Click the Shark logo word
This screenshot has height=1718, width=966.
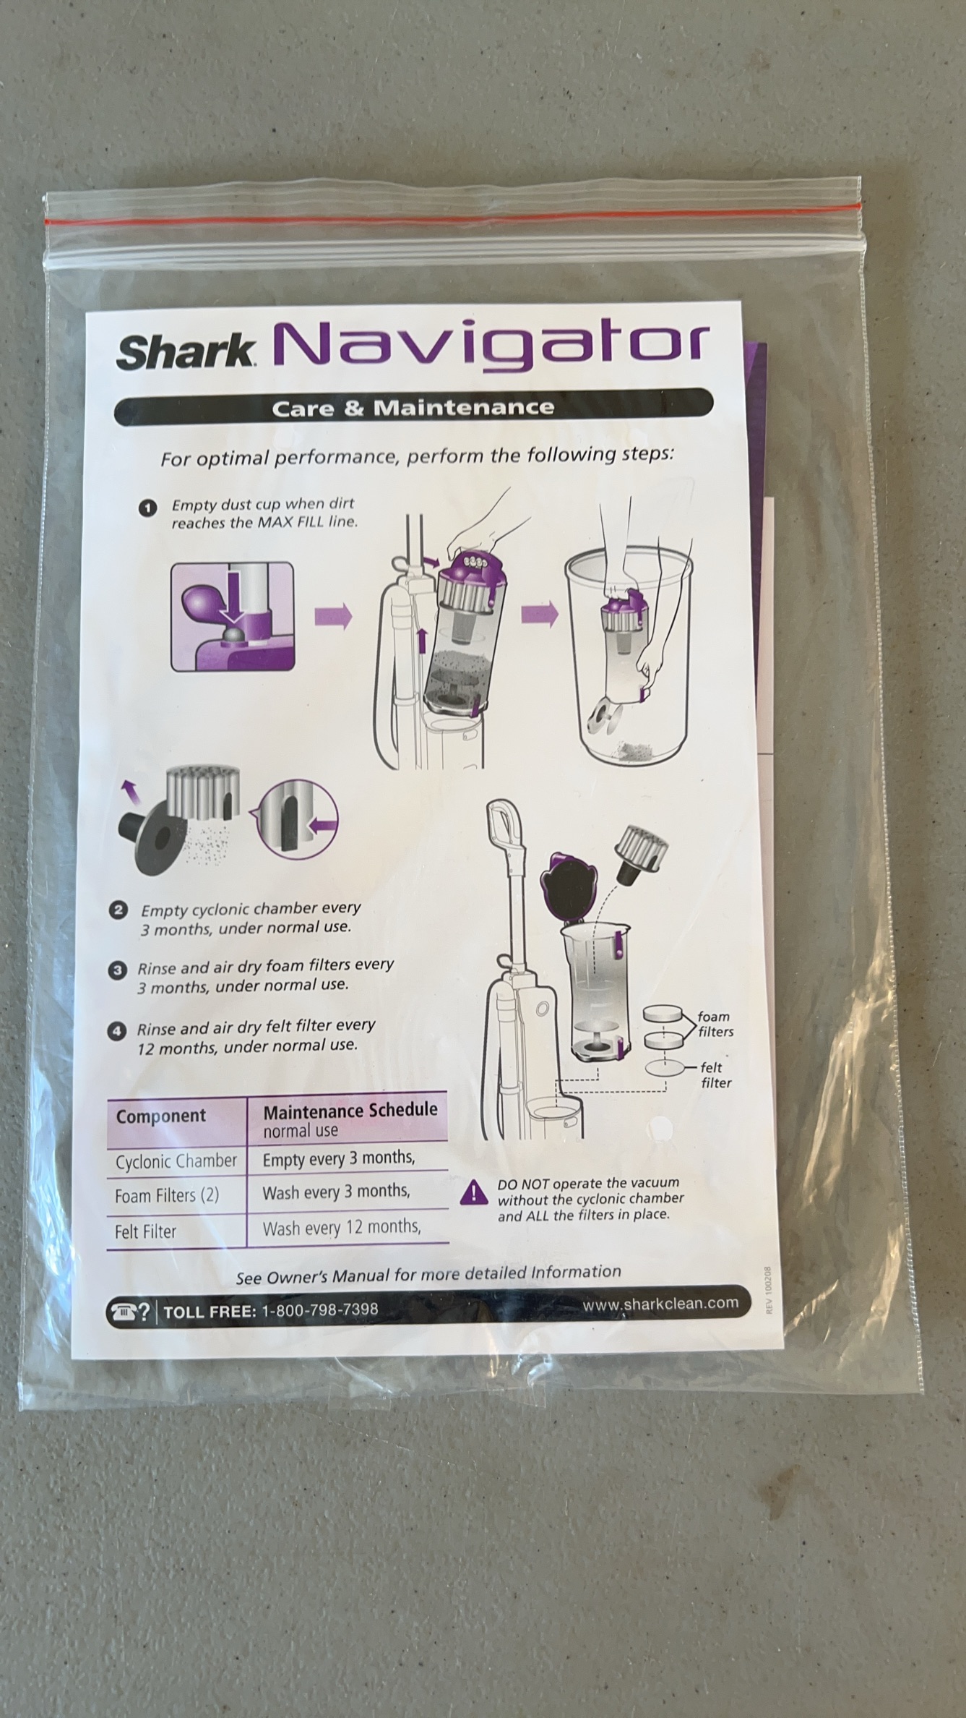pyautogui.click(x=185, y=351)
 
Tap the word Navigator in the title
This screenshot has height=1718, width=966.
pyautogui.click(x=491, y=345)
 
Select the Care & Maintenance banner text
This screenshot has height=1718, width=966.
pyautogui.click(x=413, y=408)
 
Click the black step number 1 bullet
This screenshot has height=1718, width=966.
pyautogui.click(x=147, y=508)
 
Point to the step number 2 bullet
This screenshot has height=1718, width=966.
pyautogui.click(x=118, y=910)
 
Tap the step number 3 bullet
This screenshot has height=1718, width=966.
pyautogui.click(x=117, y=970)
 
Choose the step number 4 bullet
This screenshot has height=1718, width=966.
pyautogui.click(x=116, y=1031)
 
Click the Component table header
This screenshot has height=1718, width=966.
pyautogui.click(x=160, y=1116)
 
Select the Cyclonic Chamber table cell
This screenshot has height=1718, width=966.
pyautogui.click(x=176, y=1161)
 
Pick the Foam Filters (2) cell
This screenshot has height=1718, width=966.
pyautogui.click(x=166, y=1195)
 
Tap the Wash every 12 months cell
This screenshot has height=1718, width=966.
pyautogui.click(x=342, y=1228)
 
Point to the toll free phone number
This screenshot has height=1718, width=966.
pyautogui.click(x=319, y=1309)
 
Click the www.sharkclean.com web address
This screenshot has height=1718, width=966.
pyautogui.click(x=660, y=1304)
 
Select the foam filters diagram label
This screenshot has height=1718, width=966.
pyautogui.click(x=715, y=1024)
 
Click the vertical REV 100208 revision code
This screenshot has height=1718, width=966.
pyautogui.click(x=768, y=1289)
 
